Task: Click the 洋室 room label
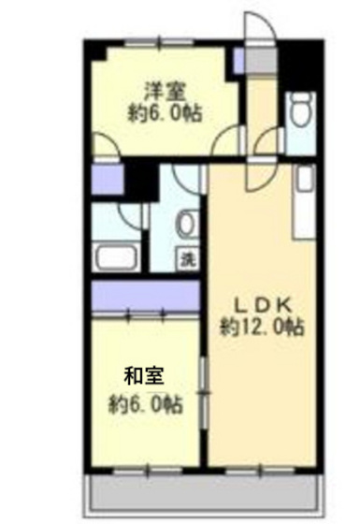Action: pyautogui.click(x=164, y=92)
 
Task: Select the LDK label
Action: pyautogui.click(x=263, y=304)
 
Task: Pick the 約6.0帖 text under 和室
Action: pyautogui.click(x=145, y=405)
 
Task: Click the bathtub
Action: pyautogui.click(x=117, y=255)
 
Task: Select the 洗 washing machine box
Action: pyautogui.click(x=188, y=259)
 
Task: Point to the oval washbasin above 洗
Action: pyautogui.click(x=185, y=225)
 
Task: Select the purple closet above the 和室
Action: pyautogui.click(x=146, y=297)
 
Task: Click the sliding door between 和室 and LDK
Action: pyautogui.click(x=204, y=384)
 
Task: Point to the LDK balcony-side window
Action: pyautogui.click(x=263, y=466)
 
